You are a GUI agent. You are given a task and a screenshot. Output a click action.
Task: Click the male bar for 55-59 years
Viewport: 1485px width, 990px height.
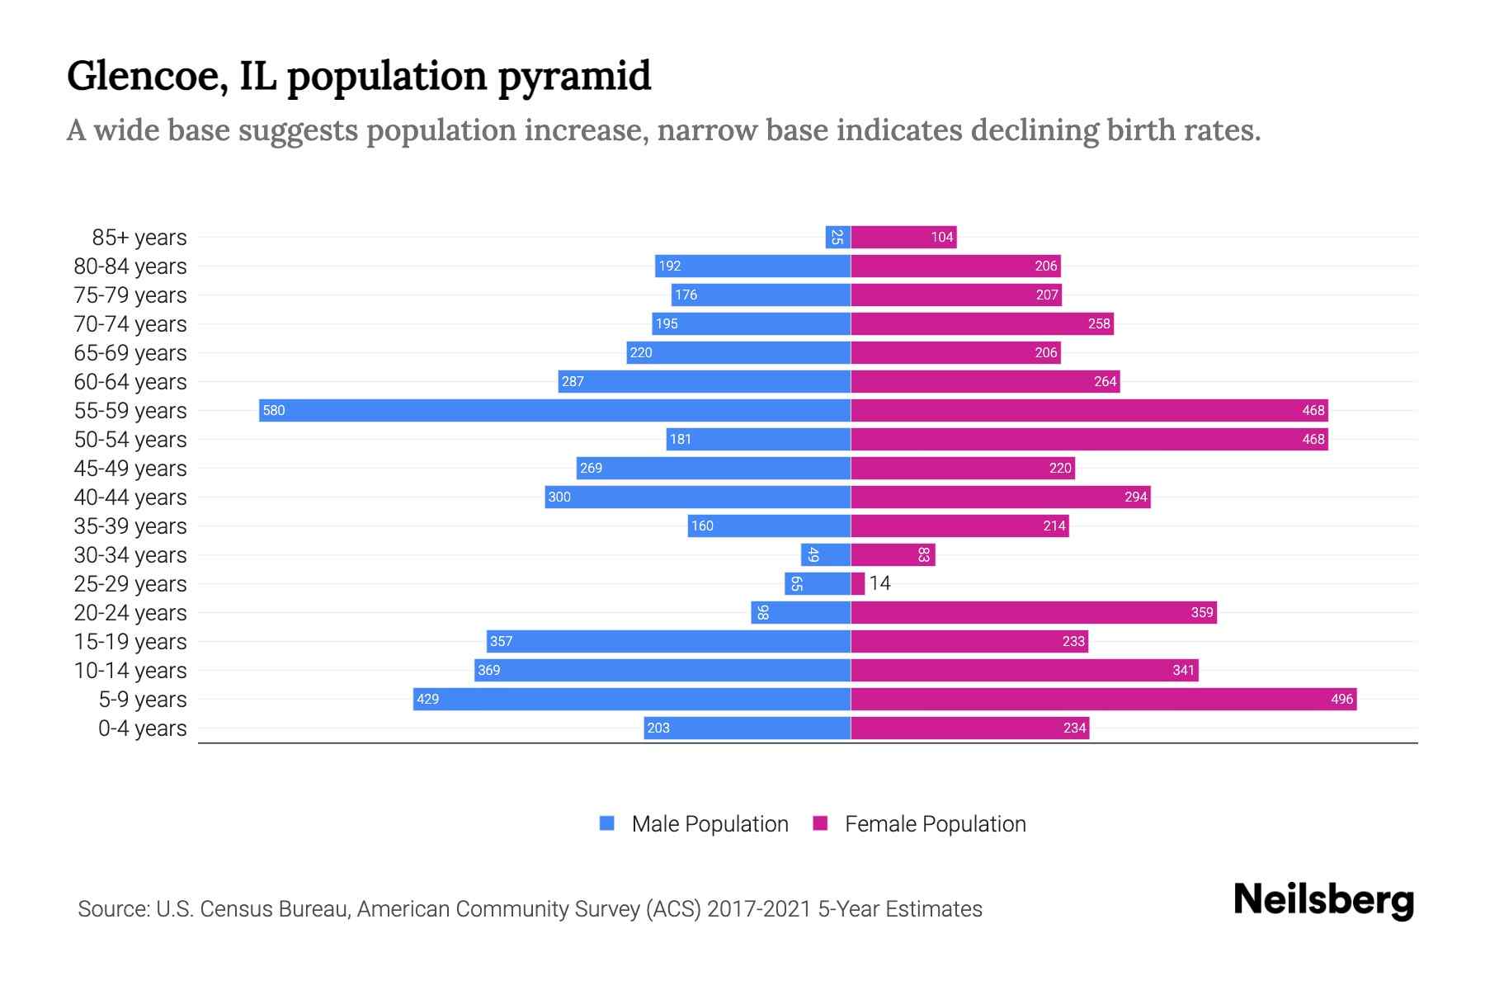tap(554, 410)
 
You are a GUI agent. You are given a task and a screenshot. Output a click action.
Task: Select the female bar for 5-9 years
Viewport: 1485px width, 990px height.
tap(1103, 699)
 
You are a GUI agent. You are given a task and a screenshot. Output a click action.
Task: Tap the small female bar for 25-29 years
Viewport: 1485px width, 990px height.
tap(858, 583)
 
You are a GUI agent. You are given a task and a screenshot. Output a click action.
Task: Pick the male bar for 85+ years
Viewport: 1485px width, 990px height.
tap(838, 237)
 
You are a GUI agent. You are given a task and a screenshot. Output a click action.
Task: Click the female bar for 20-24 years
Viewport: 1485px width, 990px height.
tap(1033, 612)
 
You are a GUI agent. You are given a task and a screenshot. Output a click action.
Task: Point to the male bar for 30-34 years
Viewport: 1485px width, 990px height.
tap(826, 554)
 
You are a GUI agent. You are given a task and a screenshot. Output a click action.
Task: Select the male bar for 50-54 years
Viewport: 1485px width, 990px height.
tap(758, 439)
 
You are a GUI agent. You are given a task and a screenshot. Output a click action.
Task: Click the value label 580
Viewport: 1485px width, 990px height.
tap(274, 410)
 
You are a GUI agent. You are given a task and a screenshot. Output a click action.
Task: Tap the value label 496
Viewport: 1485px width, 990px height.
tap(1341, 699)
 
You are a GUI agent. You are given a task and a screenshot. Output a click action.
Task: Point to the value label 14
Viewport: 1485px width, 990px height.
tap(880, 583)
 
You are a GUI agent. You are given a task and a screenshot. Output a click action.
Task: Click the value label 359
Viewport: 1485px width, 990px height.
tap(1202, 612)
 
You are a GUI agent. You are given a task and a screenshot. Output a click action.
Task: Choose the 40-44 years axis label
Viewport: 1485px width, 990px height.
tap(130, 497)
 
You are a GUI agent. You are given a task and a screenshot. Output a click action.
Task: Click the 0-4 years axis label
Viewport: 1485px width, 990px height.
tap(142, 728)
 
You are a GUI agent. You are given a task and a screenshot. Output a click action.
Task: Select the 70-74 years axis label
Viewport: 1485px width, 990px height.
tap(130, 323)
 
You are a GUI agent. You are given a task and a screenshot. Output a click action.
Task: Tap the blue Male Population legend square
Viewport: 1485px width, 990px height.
tap(607, 823)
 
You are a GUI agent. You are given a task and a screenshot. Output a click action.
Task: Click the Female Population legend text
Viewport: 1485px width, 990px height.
tap(936, 823)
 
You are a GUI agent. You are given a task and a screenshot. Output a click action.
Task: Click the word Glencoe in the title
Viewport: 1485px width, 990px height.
tap(147, 76)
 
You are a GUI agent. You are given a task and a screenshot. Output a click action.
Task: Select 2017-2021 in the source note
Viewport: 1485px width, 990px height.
tap(759, 908)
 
